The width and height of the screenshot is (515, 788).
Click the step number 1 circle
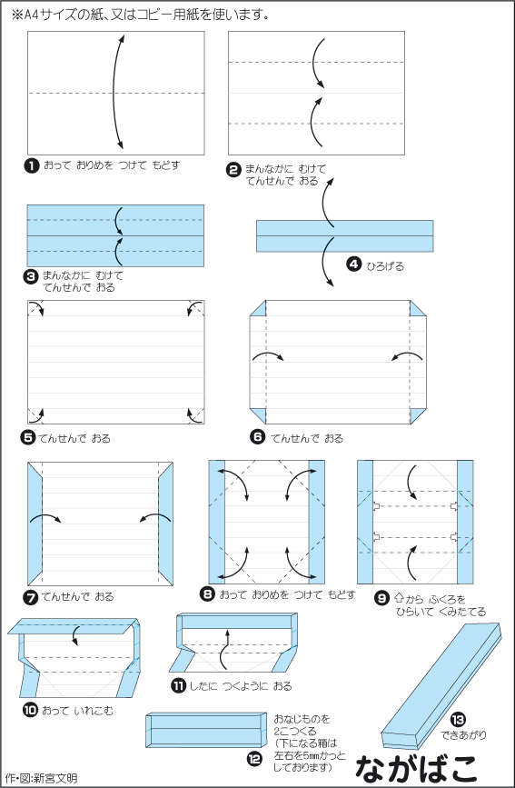click(31, 165)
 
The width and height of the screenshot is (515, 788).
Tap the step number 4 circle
click(354, 264)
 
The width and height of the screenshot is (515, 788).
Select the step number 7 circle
click(31, 597)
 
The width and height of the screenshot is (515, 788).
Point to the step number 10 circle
click(31, 710)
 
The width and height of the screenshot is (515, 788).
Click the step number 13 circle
click(458, 720)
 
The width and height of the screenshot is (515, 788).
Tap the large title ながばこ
click(416, 767)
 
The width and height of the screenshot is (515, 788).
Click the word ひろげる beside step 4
click(385, 266)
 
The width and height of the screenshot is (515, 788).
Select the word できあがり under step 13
click(464, 735)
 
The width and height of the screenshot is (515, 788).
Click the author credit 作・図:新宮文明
click(40, 778)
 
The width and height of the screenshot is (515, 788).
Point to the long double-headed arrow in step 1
click(114, 92)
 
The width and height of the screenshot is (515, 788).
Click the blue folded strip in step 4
click(344, 235)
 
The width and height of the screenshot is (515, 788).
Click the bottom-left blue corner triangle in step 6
click(258, 415)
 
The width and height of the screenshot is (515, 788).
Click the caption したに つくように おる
click(240, 686)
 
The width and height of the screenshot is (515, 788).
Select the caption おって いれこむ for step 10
click(78, 711)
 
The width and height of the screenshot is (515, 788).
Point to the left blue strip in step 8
click(217, 522)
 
